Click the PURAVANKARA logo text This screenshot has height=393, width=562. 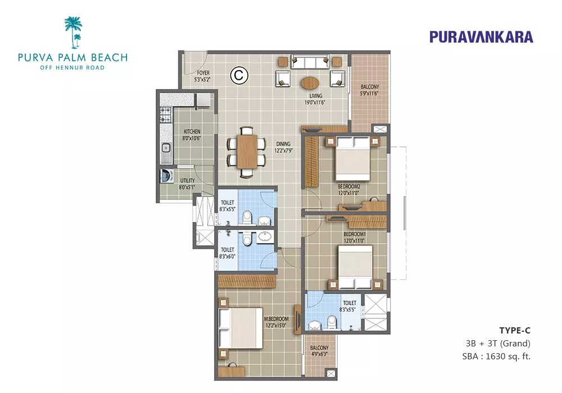click(481, 37)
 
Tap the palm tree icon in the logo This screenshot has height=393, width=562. click(74, 32)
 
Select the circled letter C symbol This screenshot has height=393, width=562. click(239, 75)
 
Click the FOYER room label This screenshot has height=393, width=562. click(203, 72)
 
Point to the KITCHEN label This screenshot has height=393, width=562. click(192, 131)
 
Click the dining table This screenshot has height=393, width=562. click(247, 152)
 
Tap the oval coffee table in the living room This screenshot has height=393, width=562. click(310, 84)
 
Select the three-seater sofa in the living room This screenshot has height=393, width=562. click(310, 62)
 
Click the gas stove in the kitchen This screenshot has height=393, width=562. click(165, 115)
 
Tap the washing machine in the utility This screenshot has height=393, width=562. click(166, 176)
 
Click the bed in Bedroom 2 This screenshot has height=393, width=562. click(353, 158)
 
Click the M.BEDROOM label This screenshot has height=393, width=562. click(277, 319)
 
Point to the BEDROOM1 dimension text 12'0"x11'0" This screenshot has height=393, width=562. click(354, 241)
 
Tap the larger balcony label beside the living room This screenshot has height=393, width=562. click(370, 86)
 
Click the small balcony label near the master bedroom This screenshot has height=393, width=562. click(319, 348)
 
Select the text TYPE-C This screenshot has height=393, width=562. click(515, 331)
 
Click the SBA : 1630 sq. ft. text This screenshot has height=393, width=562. click(496, 357)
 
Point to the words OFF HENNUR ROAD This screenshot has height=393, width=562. click(72, 67)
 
